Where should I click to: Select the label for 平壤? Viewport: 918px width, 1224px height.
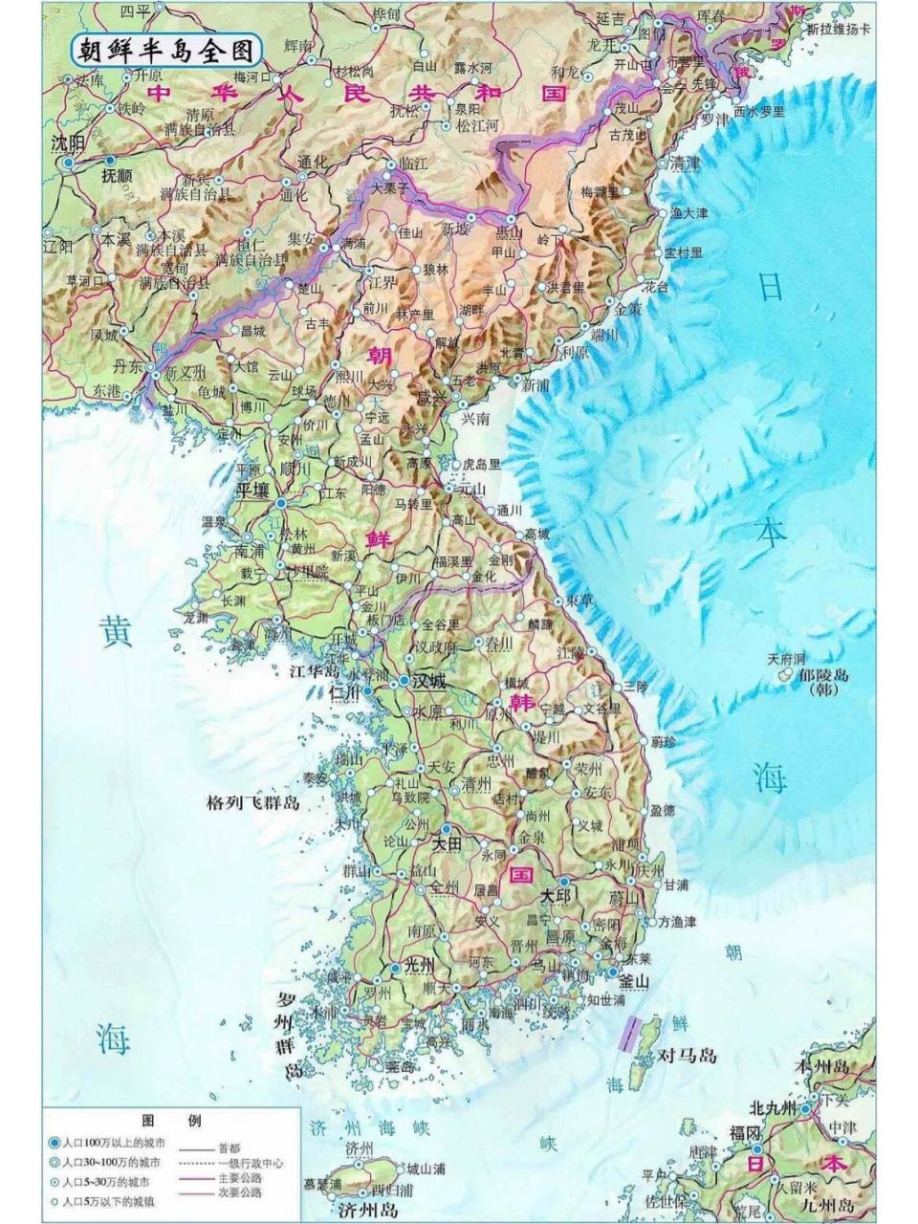click(x=254, y=489)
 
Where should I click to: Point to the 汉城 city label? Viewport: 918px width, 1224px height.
click(x=427, y=682)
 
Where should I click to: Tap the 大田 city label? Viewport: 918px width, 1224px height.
click(x=447, y=844)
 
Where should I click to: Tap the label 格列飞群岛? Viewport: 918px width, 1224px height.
click(x=253, y=801)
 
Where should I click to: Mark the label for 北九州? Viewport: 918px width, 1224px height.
click(x=773, y=1107)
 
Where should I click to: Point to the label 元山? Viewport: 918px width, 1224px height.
click(x=471, y=489)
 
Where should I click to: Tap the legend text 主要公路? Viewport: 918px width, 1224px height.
click(x=239, y=1178)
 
